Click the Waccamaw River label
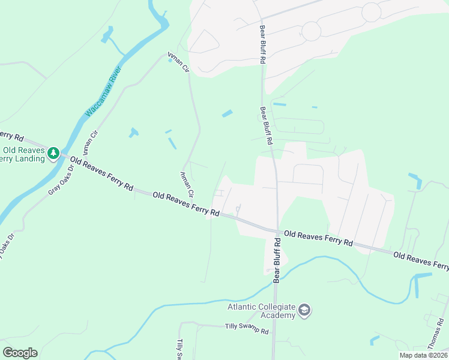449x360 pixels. click(103, 91)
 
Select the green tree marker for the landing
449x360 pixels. click(53, 154)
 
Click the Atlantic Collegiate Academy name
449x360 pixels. click(261, 311)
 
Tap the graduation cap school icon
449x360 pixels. click(304, 310)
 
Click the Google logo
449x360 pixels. click(20, 352)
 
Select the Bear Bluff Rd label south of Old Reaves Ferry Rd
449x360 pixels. click(277, 260)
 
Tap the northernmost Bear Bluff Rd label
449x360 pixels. click(262, 44)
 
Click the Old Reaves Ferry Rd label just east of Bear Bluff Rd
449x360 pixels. click(318, 238)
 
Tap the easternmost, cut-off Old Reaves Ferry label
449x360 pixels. click(421, 260)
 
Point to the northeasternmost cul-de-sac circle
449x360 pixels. click(372, 11)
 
